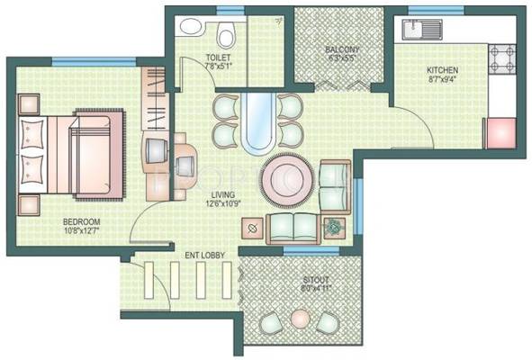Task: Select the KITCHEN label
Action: pyautogui.click(x=441, y=70)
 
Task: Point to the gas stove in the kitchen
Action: pyautogui.click(x=500, y=59)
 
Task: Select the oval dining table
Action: pyautogui.click(x=257, y=121)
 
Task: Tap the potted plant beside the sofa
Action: pyautogui.click(x=336, y=227)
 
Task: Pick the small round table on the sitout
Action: pyautogui.click(x=300, y=319)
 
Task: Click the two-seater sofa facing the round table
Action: pyautogui.click(x=293, y=226)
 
